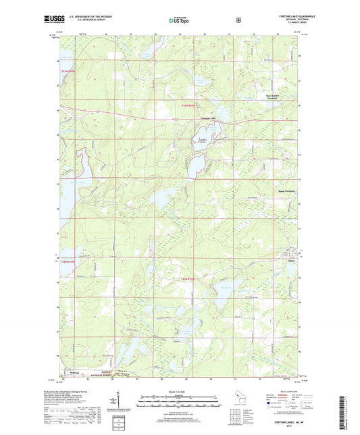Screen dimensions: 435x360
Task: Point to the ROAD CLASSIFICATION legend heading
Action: tap(282, 392)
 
